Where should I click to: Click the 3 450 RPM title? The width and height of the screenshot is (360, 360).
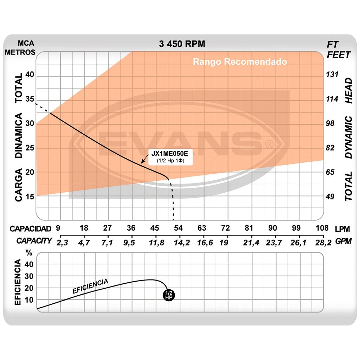coord(182,44)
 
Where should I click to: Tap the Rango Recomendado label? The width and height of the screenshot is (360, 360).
coord(240,62)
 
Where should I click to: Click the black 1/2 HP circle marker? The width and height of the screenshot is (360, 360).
coord(169,295)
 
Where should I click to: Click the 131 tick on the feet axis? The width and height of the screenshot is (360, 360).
coord(332,75)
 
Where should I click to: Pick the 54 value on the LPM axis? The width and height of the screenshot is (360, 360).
coord(178,228)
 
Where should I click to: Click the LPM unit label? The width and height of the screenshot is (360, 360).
coord(342,229)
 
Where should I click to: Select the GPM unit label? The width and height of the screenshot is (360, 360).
coord(342,241)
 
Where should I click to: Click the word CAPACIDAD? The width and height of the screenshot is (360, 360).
coord(30,229)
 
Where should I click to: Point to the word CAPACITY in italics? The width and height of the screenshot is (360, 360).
coord(34,241)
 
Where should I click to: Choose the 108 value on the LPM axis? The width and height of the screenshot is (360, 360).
coord(322,228)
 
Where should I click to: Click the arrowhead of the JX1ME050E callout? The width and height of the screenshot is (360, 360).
coord(142,162)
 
